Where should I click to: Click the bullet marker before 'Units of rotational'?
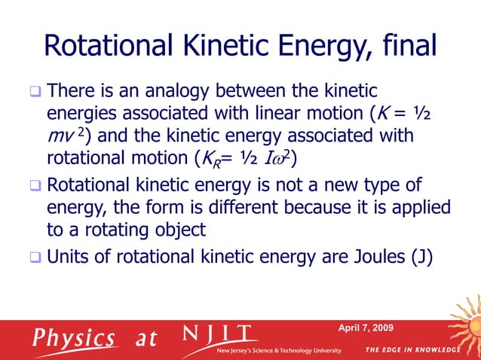[35, 256]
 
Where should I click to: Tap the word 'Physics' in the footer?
[74, 337]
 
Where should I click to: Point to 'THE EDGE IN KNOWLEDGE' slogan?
[412, 351]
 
